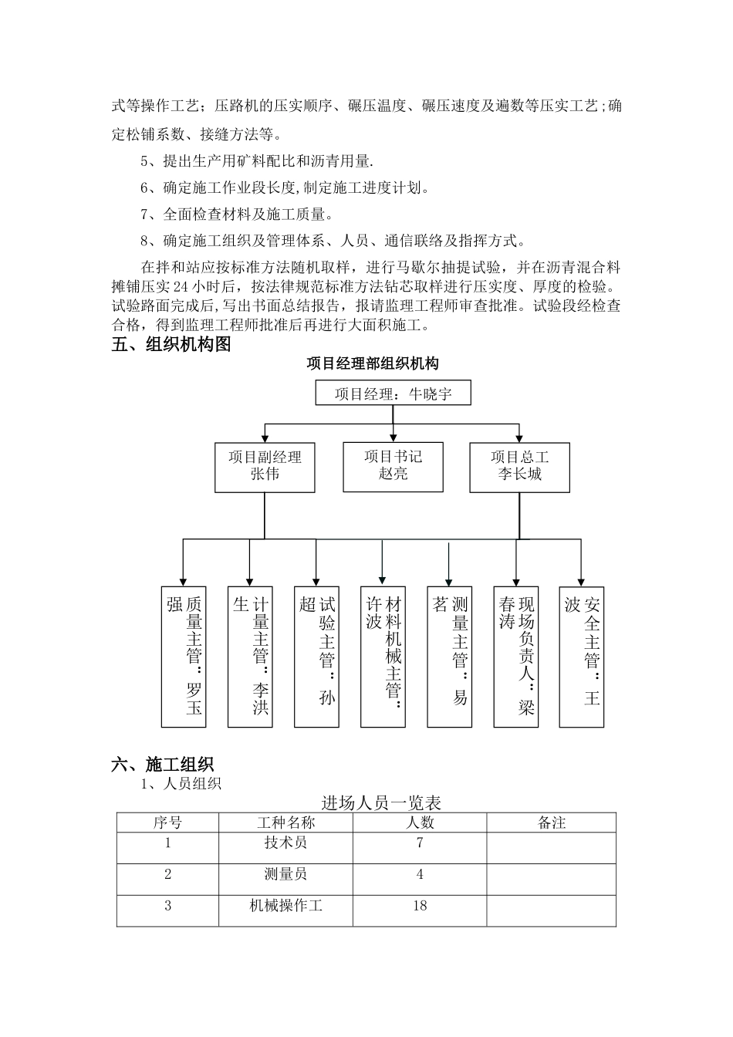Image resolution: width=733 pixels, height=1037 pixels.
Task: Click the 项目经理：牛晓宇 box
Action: coord(393,394)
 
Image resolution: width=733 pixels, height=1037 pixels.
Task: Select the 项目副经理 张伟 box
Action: coord(265,466)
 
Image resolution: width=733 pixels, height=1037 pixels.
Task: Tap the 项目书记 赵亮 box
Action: coord(393,466)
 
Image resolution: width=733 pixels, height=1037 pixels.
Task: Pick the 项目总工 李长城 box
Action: coord(519,466)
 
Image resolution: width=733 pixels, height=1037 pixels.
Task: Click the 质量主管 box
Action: coord(184,657)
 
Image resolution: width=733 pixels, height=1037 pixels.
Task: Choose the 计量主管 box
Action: coord(250,657)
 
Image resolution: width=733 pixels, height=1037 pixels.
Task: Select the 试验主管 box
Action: coord(316,657)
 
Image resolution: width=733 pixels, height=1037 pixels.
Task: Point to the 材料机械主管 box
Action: coord(383,657)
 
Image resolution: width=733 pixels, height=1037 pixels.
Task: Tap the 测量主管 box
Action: coord(450,657)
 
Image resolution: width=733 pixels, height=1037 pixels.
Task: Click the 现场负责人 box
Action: coord(516,657)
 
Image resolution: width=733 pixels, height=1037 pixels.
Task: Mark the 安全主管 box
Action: coord(582,657)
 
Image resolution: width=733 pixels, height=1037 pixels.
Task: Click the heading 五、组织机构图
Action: coord(171,345)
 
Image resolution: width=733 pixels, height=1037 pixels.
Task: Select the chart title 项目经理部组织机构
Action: coord(373,363)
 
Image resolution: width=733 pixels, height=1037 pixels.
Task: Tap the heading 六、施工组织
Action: coord(162,765)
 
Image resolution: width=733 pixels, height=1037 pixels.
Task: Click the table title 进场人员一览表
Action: coord(381,803)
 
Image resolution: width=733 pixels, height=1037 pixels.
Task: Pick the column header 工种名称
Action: coord(285,823)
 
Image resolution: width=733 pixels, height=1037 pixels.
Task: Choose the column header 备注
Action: coord(552,823)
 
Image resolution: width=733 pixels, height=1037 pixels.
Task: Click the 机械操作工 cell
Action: coord(285,906)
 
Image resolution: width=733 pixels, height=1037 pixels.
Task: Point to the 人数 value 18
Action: coord(420,906)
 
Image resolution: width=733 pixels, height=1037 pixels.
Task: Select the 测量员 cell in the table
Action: coord(285,874)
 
